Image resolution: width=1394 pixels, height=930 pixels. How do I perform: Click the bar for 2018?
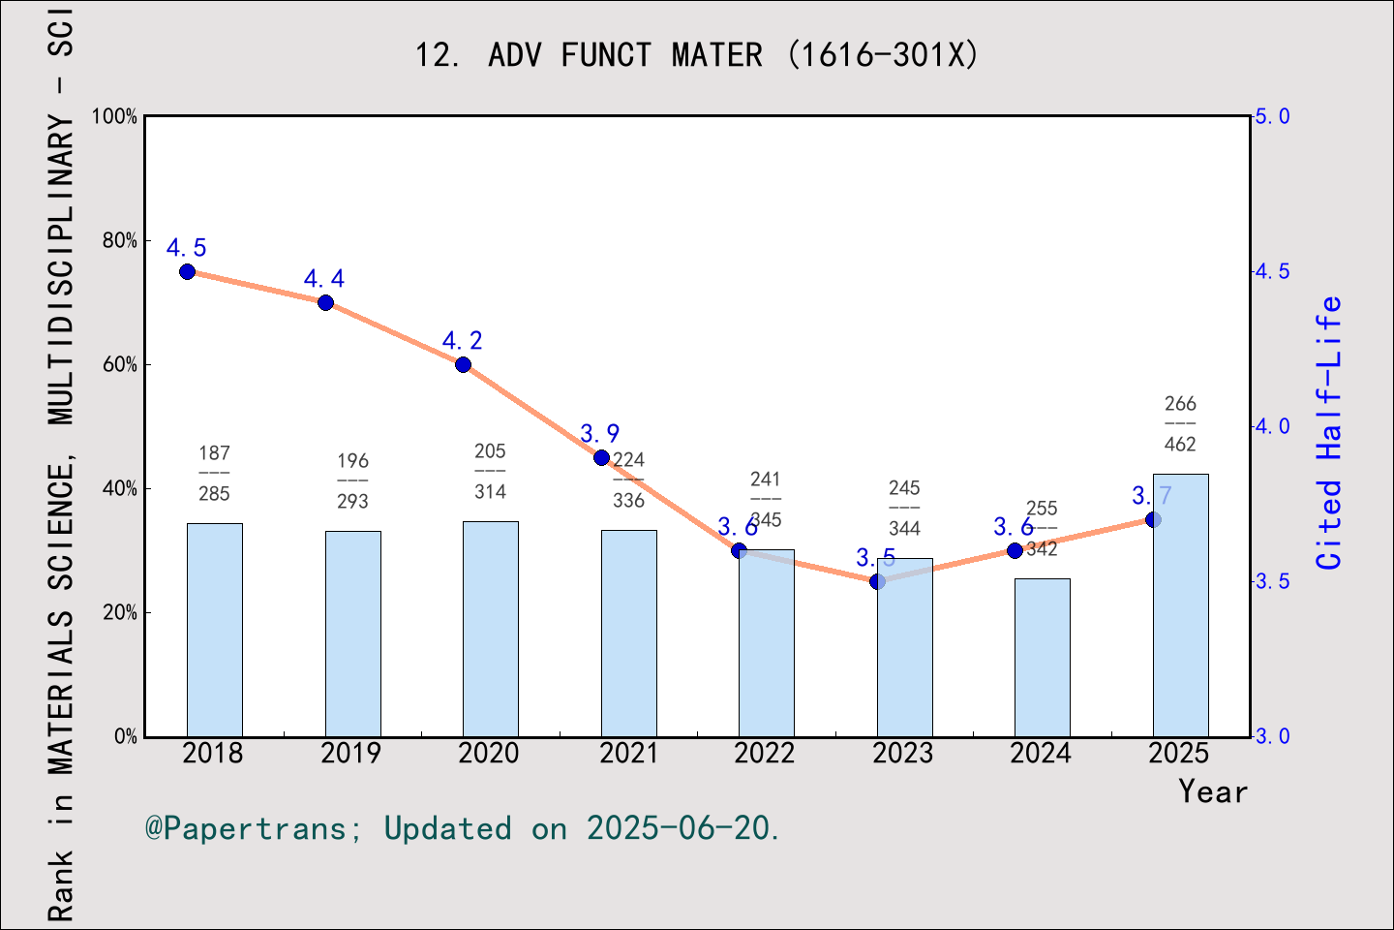214,630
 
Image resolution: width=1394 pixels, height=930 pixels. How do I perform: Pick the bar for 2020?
490,629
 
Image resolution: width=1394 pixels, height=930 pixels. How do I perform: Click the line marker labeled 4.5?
188,272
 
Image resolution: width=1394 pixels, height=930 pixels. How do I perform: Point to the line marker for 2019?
325,302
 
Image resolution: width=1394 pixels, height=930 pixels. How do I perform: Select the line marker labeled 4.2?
463,364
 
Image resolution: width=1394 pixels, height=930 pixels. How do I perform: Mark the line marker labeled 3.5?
877,581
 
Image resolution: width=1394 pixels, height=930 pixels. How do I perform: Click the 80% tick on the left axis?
120,240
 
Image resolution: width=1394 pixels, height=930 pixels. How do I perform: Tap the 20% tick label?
120,612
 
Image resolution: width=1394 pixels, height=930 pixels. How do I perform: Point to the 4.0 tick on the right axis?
1272,426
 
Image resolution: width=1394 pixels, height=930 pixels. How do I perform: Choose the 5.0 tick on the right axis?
1272,116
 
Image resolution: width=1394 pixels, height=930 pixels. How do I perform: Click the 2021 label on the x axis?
627,753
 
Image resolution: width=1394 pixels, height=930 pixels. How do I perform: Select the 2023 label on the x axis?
902,753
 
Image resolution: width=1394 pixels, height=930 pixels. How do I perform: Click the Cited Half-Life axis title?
1329,432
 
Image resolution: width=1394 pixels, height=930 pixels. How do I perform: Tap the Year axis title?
1212,791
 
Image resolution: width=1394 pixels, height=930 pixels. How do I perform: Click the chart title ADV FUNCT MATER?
697,55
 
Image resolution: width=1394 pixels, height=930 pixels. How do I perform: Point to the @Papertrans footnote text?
462,828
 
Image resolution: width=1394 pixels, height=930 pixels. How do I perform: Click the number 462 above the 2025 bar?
1180,445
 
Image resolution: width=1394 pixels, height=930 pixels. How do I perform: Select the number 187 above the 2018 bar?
214,452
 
